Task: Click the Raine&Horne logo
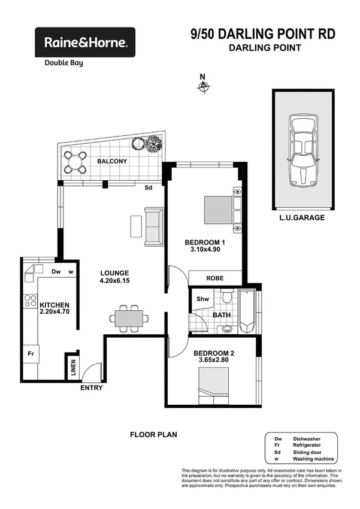click(85, 43)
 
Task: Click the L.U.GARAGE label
click(302, 217)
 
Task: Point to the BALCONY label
click(112, 161)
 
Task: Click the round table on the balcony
click(75, 162)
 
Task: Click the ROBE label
click(215, 278)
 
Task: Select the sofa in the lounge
click(153, 226)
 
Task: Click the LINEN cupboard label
click(72, 366)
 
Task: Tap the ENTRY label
click(92, 387)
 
